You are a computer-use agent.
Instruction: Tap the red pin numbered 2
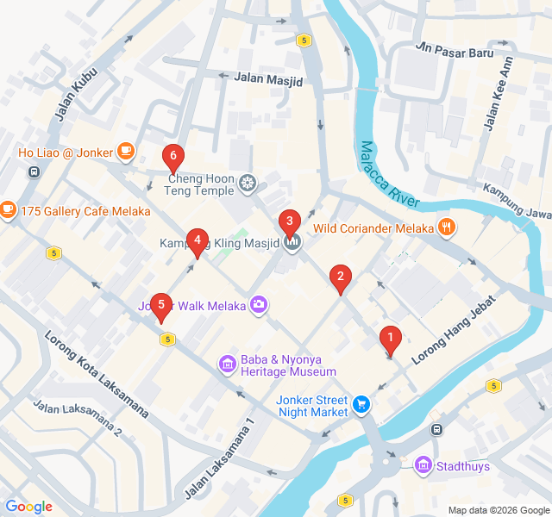coord(341,277)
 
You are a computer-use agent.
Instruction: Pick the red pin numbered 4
coord(198,241)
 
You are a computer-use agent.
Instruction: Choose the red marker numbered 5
coord(160,306)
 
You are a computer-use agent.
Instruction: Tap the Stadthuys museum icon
coord(423,466)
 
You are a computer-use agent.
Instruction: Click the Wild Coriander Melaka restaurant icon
coord(446,228)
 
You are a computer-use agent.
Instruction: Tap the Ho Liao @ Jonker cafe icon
coord(126,153)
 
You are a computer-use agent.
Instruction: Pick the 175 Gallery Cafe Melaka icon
coord(9,209)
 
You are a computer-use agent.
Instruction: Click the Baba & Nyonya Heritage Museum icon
coord(228,364)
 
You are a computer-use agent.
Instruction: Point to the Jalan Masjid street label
coord(269,80)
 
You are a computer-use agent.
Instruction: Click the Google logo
coord(28,507)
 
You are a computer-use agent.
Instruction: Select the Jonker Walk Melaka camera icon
coord(258,304)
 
